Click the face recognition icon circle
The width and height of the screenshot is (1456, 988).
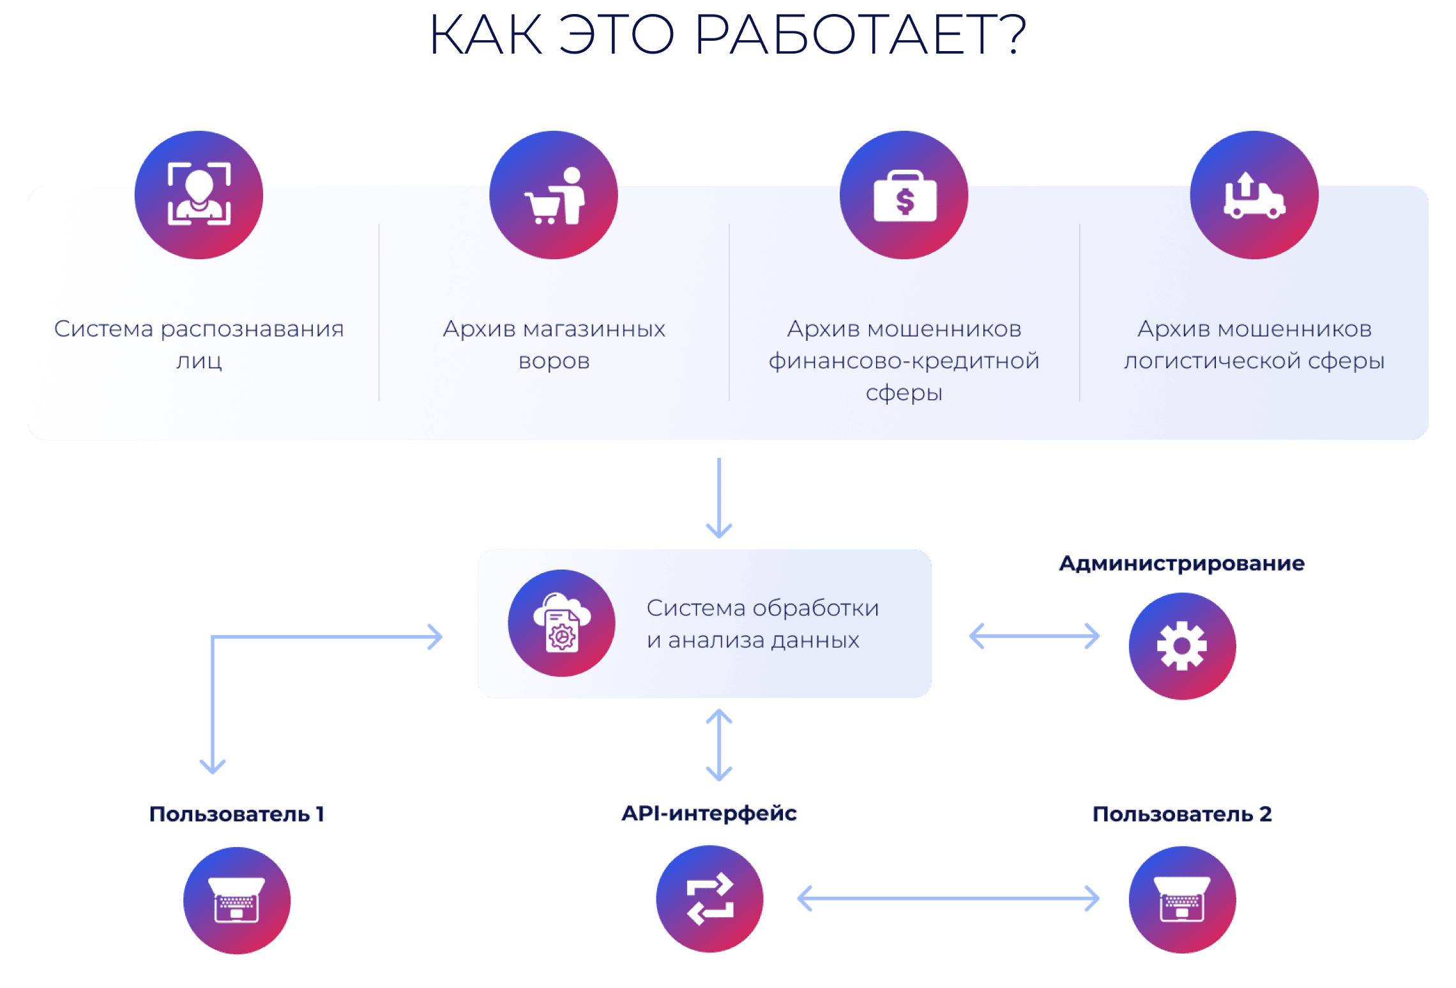[199, 195]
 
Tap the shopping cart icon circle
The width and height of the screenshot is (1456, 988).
[554, 195]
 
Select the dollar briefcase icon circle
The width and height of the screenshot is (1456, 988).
[904, 195]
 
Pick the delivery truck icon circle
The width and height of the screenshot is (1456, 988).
[1254, 195]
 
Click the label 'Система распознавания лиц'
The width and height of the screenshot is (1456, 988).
[199, 344]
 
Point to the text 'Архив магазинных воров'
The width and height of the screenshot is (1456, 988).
[554, 344]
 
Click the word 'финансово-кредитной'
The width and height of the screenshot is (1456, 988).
[904, 361]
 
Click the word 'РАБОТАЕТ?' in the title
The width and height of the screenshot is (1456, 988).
[860, 34]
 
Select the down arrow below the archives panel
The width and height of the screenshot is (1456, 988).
[719, 498]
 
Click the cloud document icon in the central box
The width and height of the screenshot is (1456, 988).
[561, 623]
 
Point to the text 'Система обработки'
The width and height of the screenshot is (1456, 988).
[762, 608]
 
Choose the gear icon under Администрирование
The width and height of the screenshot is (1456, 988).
[1182, 646]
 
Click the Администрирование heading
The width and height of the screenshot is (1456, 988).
[1181, 564]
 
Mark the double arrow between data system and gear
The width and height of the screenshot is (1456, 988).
[1034, 636]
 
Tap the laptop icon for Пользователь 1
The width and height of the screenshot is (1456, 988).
[237, 900]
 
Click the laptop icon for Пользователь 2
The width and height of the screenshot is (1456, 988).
[1182, 899]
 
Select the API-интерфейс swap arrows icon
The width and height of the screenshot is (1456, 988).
[709, 899]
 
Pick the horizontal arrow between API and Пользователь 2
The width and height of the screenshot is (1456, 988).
[948, 899]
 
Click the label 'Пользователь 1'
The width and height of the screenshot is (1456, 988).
[237, 814]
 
